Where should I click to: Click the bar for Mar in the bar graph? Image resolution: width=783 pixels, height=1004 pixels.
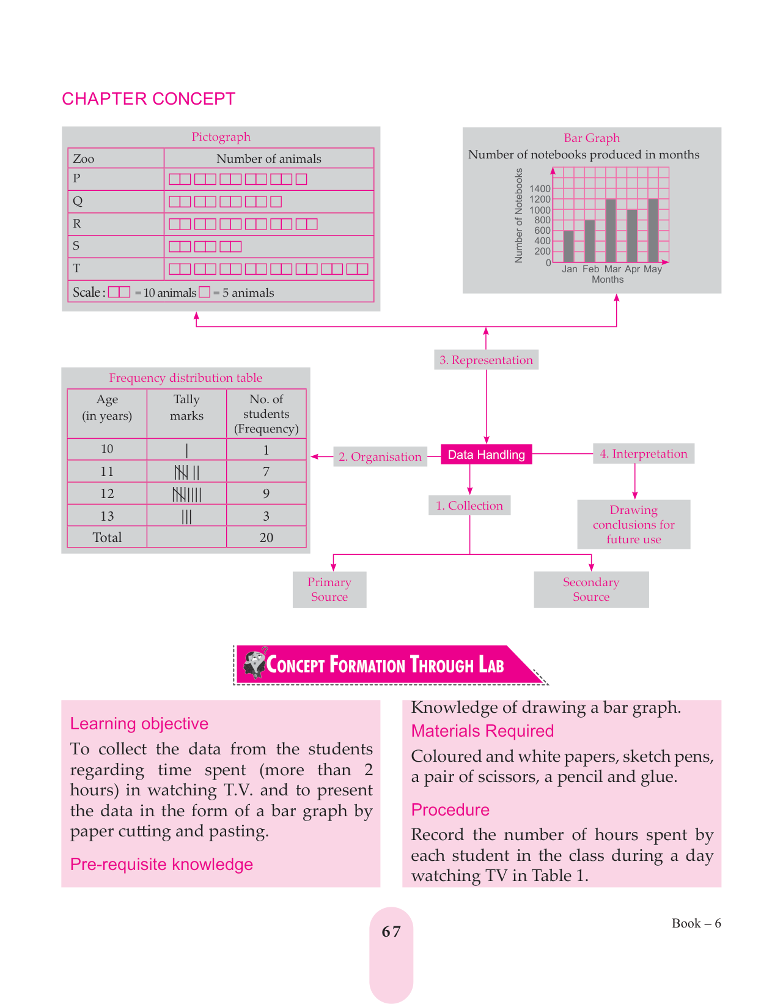coord(611,231)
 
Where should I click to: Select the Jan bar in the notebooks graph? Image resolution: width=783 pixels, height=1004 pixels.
coord(568,247)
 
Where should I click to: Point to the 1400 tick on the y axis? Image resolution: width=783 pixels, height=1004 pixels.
coord(540,189)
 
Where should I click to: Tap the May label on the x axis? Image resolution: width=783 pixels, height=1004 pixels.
coord(653,269)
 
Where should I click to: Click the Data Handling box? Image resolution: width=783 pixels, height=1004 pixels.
coord(487,455)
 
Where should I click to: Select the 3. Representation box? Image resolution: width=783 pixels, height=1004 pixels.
coord(487,360)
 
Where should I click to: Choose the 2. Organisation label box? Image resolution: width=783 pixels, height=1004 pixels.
coord(380,457)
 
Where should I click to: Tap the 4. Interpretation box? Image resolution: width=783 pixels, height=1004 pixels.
coord(644,454)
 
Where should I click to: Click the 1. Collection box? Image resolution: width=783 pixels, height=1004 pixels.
coord(469,506)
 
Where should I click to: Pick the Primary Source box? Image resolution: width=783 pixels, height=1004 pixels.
coord(329,590)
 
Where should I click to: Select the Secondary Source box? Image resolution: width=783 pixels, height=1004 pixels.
coord(591,590)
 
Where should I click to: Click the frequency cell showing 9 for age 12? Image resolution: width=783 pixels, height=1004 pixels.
coord(267,494)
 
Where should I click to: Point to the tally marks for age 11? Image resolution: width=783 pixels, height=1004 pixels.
coord(187,472)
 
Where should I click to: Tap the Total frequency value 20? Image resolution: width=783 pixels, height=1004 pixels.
coord(267,538)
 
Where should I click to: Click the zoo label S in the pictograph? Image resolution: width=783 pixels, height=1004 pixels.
coord(76,246)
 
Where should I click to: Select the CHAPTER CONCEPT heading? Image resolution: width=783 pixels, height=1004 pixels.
coord(149,99)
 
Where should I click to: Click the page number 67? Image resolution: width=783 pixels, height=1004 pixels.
coord(391,932)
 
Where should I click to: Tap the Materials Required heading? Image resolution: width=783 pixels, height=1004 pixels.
coord(482,731)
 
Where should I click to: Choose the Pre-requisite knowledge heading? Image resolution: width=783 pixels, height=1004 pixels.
coord(161,865)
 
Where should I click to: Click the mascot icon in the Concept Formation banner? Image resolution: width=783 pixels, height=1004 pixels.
coord(254,663)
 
